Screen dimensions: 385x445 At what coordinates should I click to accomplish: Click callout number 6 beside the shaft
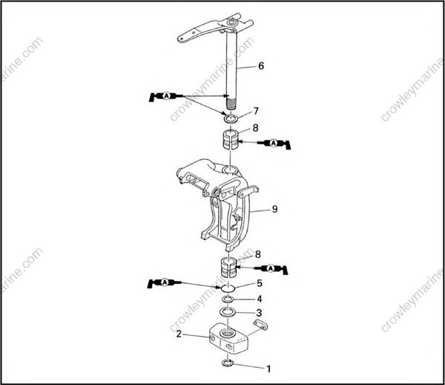click(x=260, y=66)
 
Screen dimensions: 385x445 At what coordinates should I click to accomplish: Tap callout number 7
click(x=256, y=111)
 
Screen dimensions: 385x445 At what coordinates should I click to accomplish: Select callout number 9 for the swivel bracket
click(x=274, y=210)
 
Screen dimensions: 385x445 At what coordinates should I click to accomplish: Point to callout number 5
click(x=259, y=283)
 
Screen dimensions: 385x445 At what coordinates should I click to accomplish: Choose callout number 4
click(x=259, y=298)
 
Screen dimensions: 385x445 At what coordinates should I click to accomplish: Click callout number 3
click(x=259, y=312)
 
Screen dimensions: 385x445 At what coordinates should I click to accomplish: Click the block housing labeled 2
click(x=230, y=338)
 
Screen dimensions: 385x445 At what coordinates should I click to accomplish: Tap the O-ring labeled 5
click(x=228, y=288)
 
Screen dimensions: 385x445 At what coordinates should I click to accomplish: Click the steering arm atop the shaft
click(x=211, y=31)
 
